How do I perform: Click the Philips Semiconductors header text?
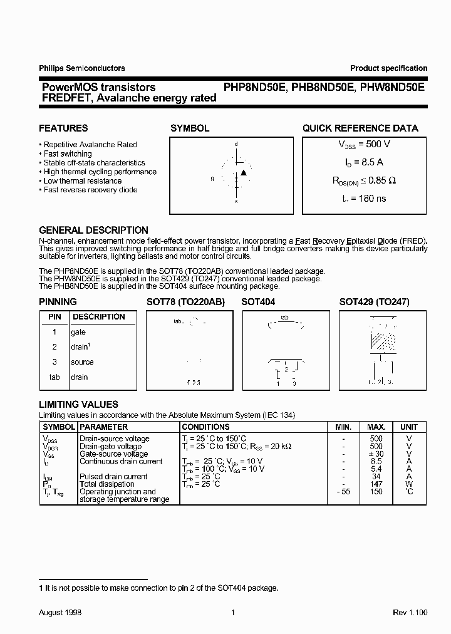(x=82, y=68)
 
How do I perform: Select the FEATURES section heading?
(x=63, y=128)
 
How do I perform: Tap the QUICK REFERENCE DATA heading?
(x=360, y=128)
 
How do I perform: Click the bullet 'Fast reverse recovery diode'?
(x=90, y=190)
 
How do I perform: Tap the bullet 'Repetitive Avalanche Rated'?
(x=90, y=145)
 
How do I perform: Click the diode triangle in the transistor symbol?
(x=244, y=172)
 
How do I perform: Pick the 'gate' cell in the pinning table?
(x=78, y=332)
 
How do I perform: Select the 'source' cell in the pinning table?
(x=82, y=362)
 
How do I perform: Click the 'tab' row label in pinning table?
(x=54, y=377)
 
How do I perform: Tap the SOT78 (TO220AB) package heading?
(x=185, y=301)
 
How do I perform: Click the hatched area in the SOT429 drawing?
(x=383, y=341)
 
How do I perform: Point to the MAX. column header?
(x=376, y=427)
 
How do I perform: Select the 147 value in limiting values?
(x=376, y=484)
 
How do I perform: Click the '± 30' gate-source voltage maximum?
(x=376, y=454)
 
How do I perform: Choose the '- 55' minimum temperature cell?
(x=343, y=492)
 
